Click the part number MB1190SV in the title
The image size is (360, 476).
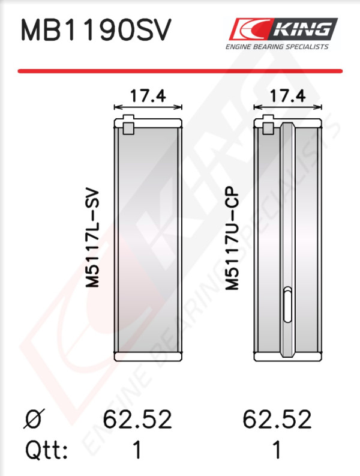pyautogui.click(x=96, y=30)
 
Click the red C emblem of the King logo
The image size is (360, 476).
pyautogui.click(x=248, y=29)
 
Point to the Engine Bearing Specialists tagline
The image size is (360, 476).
pyautogui.click(x=277, y=47)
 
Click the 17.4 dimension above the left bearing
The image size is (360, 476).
pyautogui.click(x=148, y=95)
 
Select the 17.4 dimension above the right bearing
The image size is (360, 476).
pyautogui.click(x=287, y=95)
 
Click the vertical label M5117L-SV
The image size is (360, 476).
pyautogui.click(x=92, y=238)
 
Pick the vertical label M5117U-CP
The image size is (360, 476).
pyautogui.click(x=232, y=238)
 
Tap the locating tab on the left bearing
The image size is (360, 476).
pyautogui.click(x=128, y=124)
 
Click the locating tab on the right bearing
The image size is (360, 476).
pyautogui.click(x=268, y=124)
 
